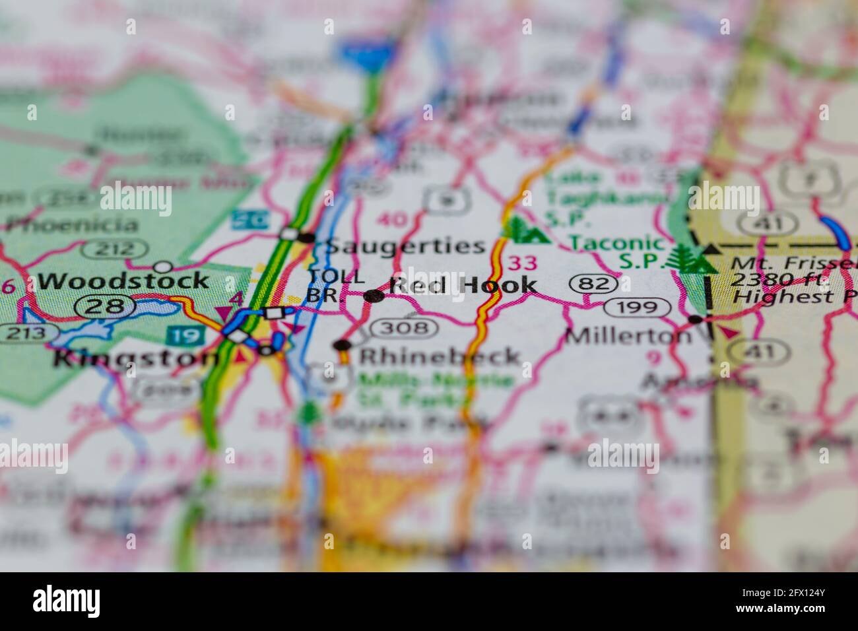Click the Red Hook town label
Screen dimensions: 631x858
[463, 285]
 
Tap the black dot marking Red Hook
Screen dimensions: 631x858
[374, 296]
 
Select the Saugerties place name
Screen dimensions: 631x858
[406, 246]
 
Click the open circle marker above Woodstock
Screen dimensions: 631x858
[162, 267]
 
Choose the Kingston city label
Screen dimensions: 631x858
[135, 358]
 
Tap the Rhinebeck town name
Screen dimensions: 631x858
[440, 356]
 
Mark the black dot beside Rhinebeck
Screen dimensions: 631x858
[342, 345]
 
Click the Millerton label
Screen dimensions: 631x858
[628, 335]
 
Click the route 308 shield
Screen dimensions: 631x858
[403, 327]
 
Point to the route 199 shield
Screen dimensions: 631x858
[638, 307]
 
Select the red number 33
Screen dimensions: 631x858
[523, 263]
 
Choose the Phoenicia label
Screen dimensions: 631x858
[73, 224]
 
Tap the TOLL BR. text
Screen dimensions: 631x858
[336, 286]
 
